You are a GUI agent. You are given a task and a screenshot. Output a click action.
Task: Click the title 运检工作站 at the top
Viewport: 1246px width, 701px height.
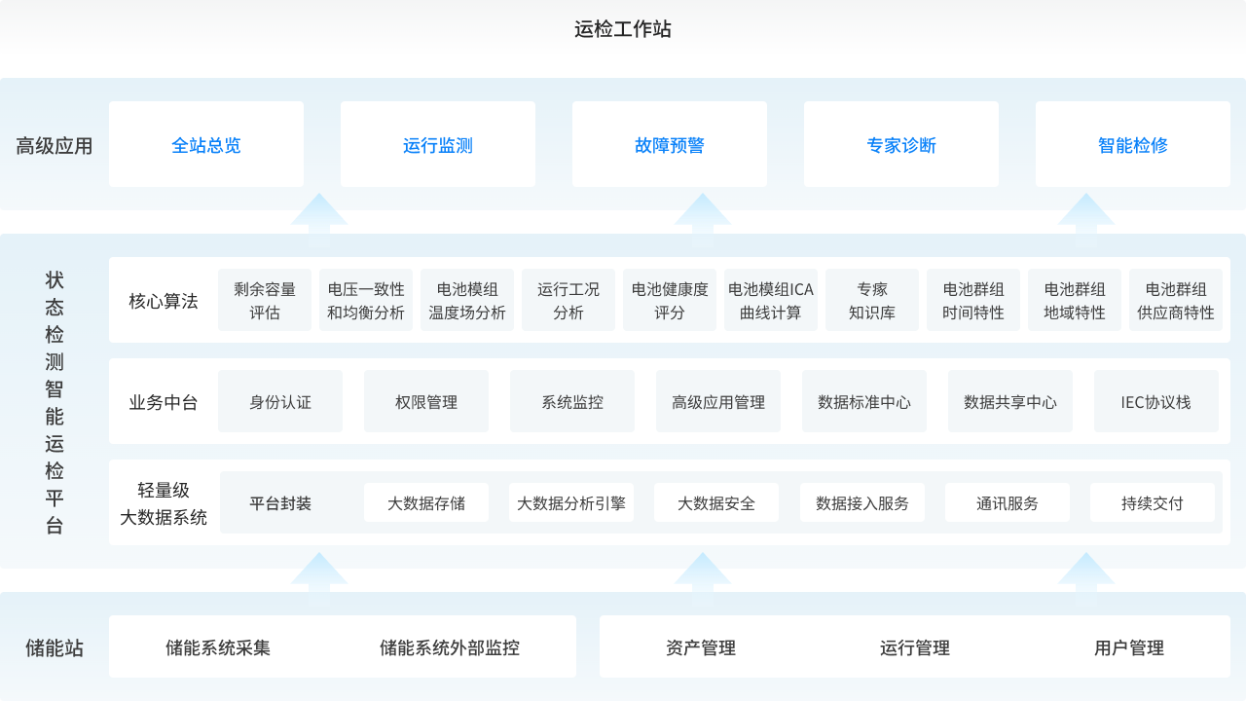tap(623, 28)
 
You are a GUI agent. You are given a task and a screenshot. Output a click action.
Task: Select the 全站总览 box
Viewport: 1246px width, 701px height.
tap(206, 145)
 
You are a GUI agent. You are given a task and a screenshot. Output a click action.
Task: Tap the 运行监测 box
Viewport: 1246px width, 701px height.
tap(438, 145)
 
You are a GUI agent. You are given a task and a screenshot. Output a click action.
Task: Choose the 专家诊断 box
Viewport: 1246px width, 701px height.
tap(901, 145)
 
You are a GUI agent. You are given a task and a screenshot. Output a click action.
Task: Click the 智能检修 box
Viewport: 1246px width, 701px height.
tap(1133, 145)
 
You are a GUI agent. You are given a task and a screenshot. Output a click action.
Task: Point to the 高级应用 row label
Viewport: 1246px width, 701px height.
tap(55, 146)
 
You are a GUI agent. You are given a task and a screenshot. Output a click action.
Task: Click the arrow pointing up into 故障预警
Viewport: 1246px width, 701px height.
tap(702, 213)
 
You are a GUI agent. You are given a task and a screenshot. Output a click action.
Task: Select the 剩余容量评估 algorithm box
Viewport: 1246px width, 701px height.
tap(265, 301)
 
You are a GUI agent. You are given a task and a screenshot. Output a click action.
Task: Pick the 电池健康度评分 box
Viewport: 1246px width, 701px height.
tap(670, 301)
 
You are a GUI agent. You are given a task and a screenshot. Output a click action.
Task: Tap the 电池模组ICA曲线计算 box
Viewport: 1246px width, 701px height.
tap(771, 301)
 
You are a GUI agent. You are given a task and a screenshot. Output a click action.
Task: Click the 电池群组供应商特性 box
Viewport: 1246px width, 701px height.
tap(1176, 301)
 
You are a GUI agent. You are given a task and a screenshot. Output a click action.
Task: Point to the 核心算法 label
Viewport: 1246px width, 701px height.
tap(164, 301)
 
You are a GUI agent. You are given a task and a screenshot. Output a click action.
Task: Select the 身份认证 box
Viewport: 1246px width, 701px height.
tap(280, 402)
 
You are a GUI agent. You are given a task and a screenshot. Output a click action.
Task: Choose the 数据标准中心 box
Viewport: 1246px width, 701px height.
tap(864, 402)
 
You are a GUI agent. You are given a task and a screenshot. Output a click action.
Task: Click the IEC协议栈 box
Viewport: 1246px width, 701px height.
tap(1156, 402)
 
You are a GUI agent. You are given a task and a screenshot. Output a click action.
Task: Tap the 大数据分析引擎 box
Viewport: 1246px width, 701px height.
tap(571, 503)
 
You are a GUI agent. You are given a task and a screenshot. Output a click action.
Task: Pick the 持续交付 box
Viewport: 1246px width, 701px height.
tap(1153, 503)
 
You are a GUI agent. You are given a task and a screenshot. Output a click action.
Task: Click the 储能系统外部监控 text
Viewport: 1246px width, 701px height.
tap(450, 647)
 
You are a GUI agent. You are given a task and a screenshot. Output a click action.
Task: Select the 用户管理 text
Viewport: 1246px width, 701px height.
tap(1129, 647)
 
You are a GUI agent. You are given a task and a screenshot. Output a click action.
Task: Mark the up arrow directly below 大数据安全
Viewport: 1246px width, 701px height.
tap(702, 572)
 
